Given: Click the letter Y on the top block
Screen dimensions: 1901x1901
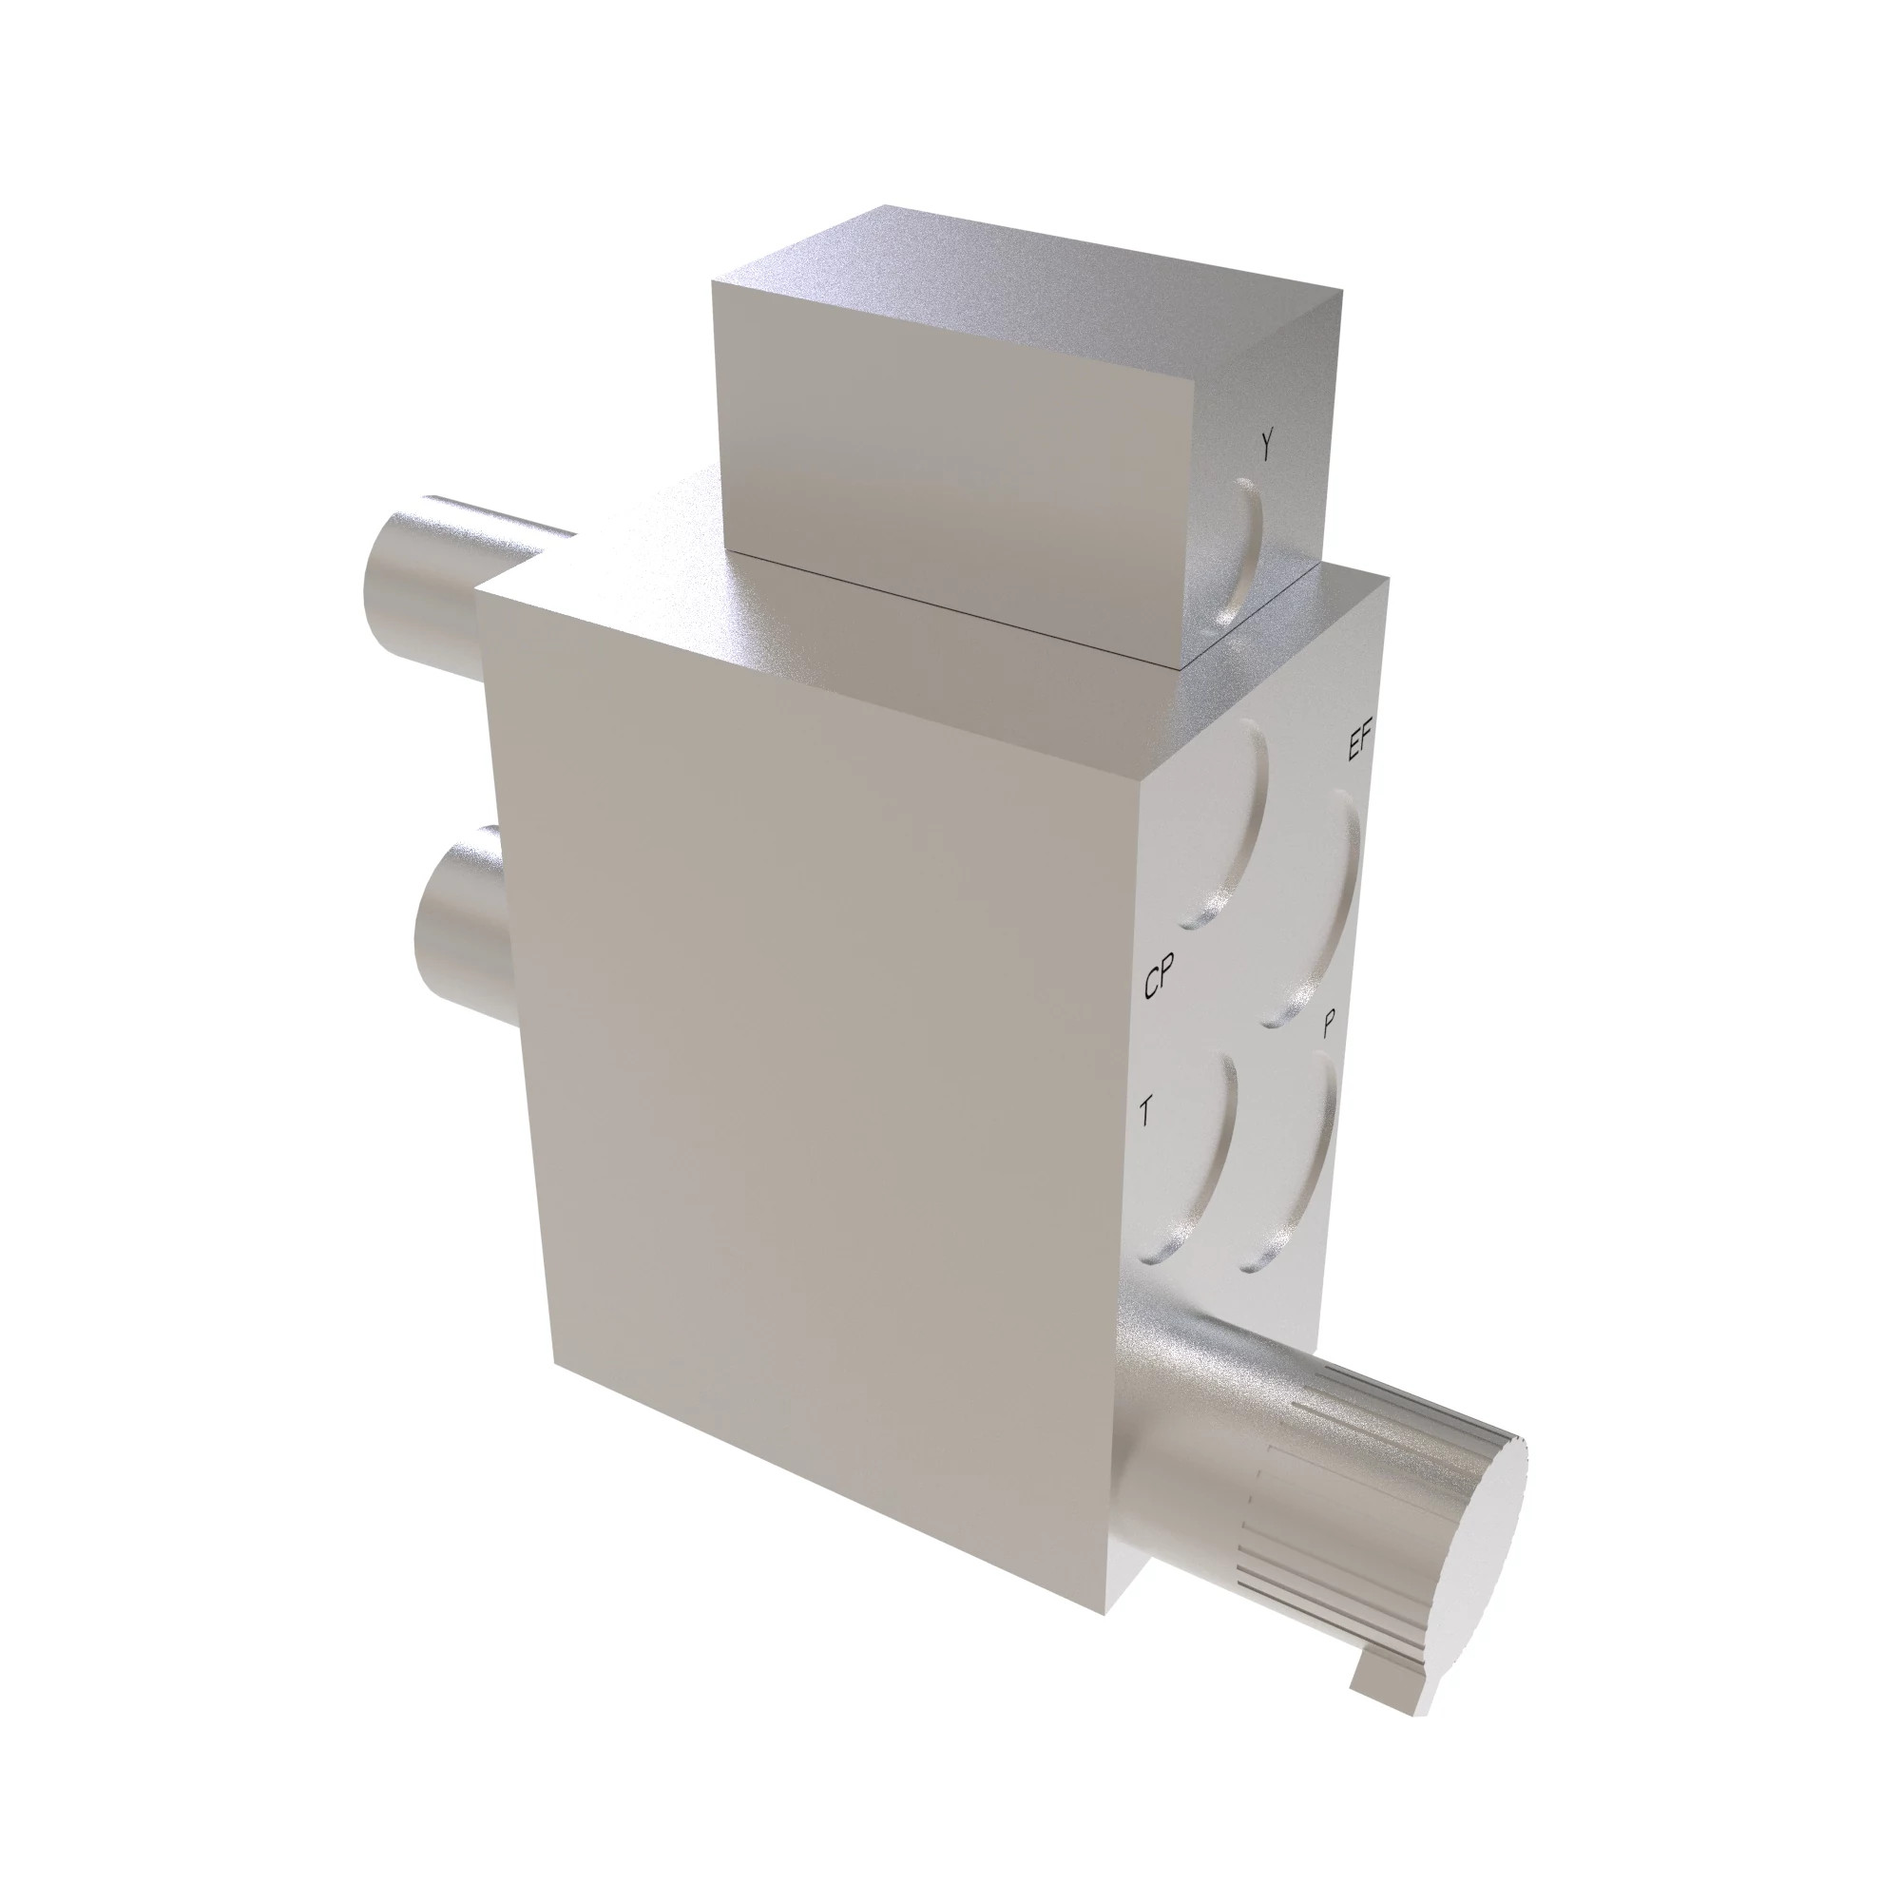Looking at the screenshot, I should coord(1267,446).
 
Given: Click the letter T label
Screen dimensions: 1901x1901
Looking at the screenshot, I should coord(1146,1114).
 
